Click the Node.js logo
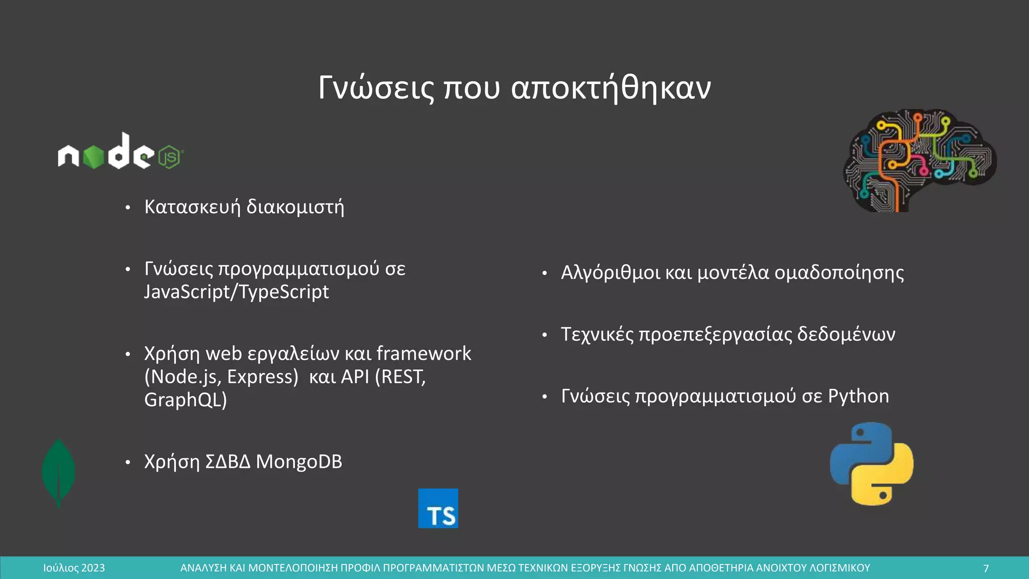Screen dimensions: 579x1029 (x=121, y=152)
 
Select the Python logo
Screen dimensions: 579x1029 (x=872, y=463)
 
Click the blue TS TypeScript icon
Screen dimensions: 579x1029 (x=438, y=509)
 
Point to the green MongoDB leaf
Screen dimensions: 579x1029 (x=59, y=472)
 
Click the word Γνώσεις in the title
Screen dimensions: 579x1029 (x=376, y=88)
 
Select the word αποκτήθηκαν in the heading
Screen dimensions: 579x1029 (x=611, y=88)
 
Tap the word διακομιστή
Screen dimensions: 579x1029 (x=295, y=207)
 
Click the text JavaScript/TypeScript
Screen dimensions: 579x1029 (x=236, y=292)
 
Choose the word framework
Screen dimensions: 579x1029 (x=424, y=354)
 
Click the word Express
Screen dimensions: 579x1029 (x=263, y=377)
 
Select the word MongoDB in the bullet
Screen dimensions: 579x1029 (x=299, y=462)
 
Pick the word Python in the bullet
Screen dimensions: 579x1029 (x=858, y=397)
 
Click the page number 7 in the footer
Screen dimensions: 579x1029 (x=986, y=568)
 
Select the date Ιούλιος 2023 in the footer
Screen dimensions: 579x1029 (x=74, y=568)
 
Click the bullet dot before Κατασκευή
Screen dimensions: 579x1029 (x=128, y=208)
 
